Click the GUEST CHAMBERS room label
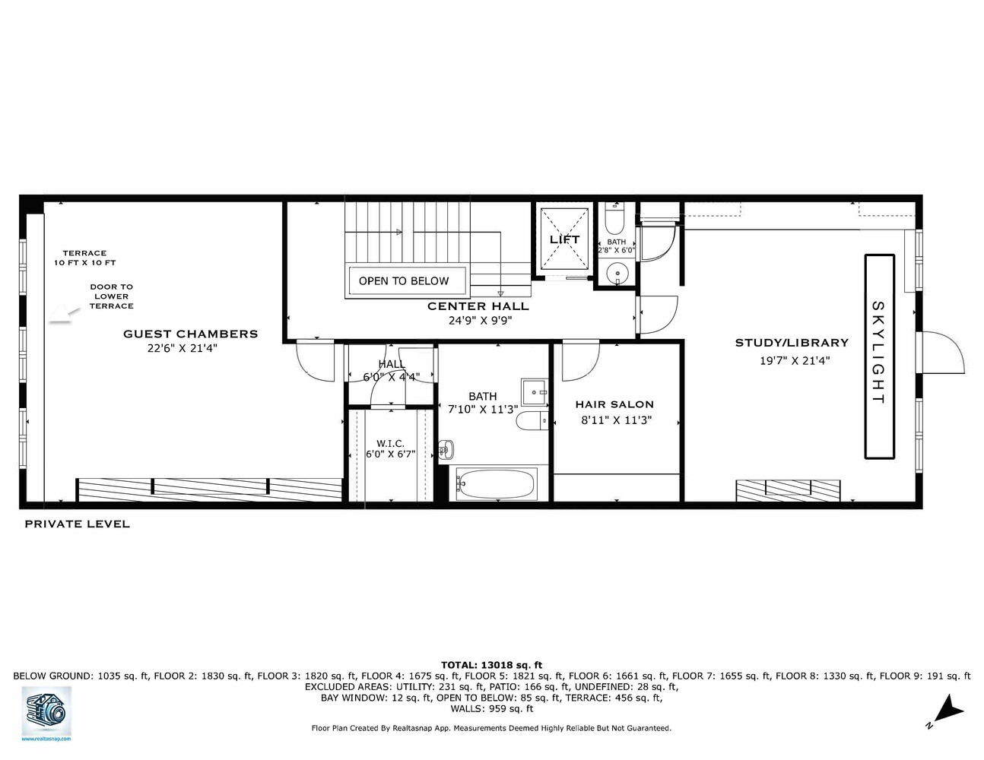pos(190,334)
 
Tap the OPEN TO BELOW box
pos(404,280)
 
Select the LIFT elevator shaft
pos(564,239)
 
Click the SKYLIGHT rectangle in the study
pos(878,356)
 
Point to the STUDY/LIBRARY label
pos(792,343)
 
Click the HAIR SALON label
pos(614,404)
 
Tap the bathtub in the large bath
pos(496,483)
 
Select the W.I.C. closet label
pos(390,444)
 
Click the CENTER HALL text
pos(478,306)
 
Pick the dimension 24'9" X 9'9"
pos(480,321)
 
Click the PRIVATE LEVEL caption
pos(77,524)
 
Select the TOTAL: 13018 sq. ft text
pos(491,665)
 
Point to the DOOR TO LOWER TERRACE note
pos(111,296)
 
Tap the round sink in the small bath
pos(617,271)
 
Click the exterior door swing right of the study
pos(943,353)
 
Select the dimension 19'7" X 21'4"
pos(795,361)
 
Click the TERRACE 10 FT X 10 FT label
pos(84,258)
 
